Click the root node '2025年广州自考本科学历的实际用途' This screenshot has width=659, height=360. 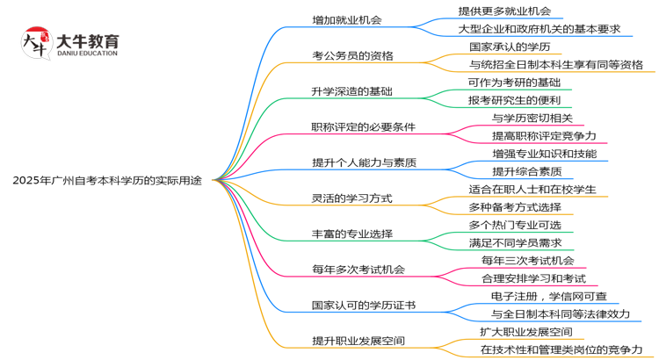point(107,181)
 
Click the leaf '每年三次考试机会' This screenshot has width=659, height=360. point(527,260)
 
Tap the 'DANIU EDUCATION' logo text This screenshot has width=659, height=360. point(86,54)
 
